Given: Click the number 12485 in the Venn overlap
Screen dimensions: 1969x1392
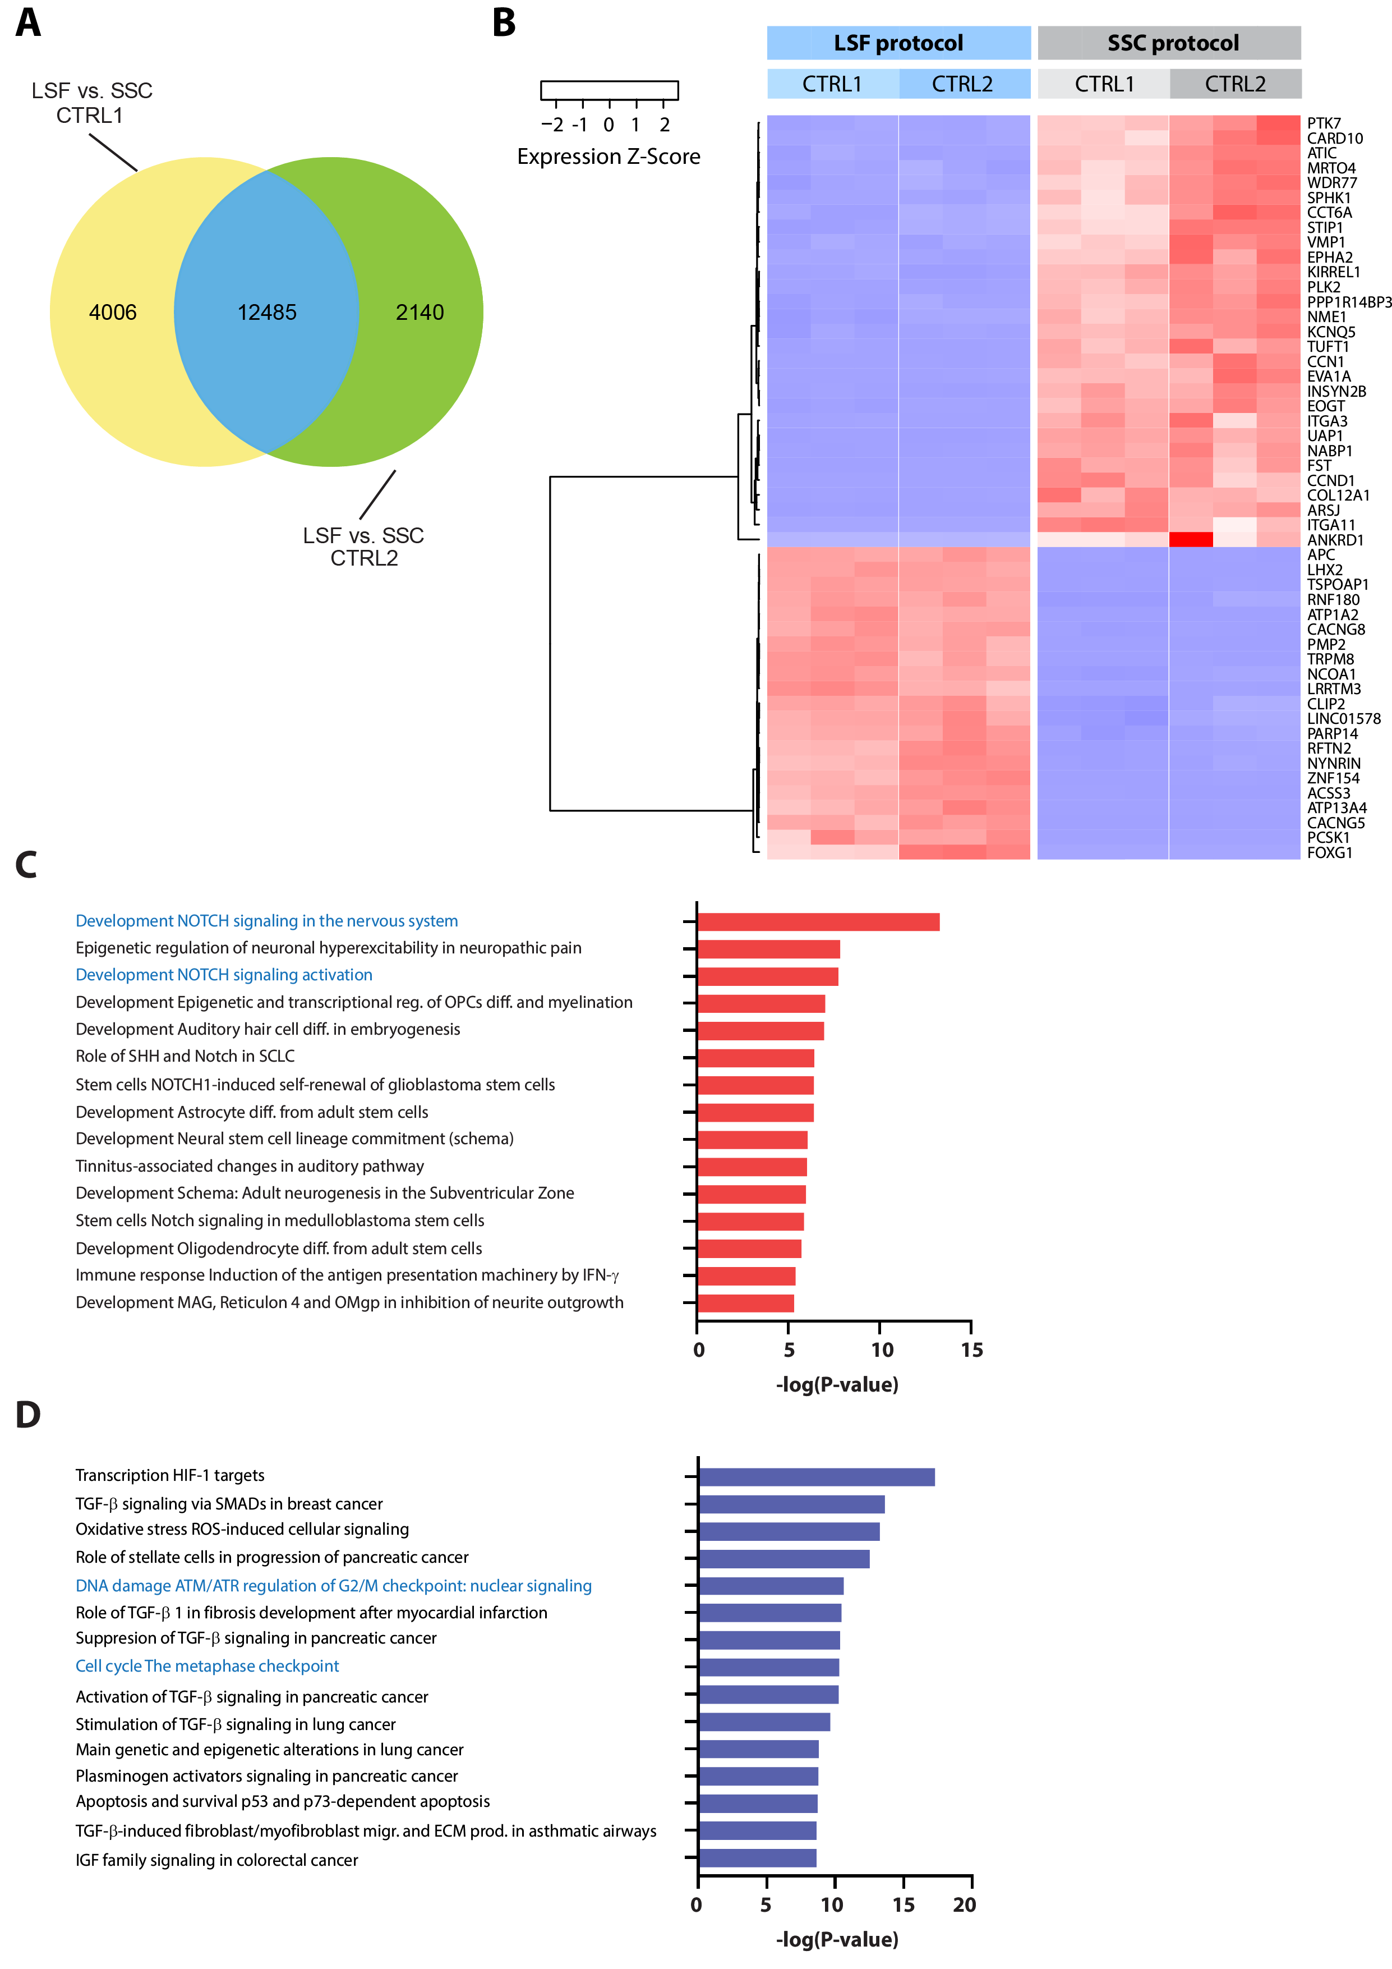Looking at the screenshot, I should click(x=266, y=312).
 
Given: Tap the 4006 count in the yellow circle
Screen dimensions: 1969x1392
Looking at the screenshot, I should click(x=112, y=312).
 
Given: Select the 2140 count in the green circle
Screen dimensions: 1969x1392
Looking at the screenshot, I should click(x=419, y=312).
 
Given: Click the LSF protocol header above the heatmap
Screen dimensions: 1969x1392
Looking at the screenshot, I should click(x=898, y=43).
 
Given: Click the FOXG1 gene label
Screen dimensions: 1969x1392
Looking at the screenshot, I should click(x=1329, y=852).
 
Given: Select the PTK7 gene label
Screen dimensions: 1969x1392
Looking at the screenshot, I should click(x=1324, y=123).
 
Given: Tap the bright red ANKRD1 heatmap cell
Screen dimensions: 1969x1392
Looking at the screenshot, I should click(x=1191, y=539).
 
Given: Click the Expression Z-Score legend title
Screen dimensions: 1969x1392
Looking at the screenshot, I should click(x=609, y=157).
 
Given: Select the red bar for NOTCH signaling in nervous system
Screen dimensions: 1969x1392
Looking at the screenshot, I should click(x=819, y=922).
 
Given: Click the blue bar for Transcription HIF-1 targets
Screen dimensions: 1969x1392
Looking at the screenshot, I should click(x=816, y=1477).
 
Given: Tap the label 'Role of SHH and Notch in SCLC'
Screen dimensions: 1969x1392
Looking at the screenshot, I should click(x=185, y=1055).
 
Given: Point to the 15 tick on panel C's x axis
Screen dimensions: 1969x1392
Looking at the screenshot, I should click(x=972, y=1350).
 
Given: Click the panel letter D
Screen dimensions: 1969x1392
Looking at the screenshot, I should click(x=27, y=1415).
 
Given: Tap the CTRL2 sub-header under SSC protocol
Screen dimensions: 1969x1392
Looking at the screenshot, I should click(x=1234, y=84).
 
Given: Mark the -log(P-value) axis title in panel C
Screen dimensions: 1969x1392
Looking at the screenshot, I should click(x=837, y=1384).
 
